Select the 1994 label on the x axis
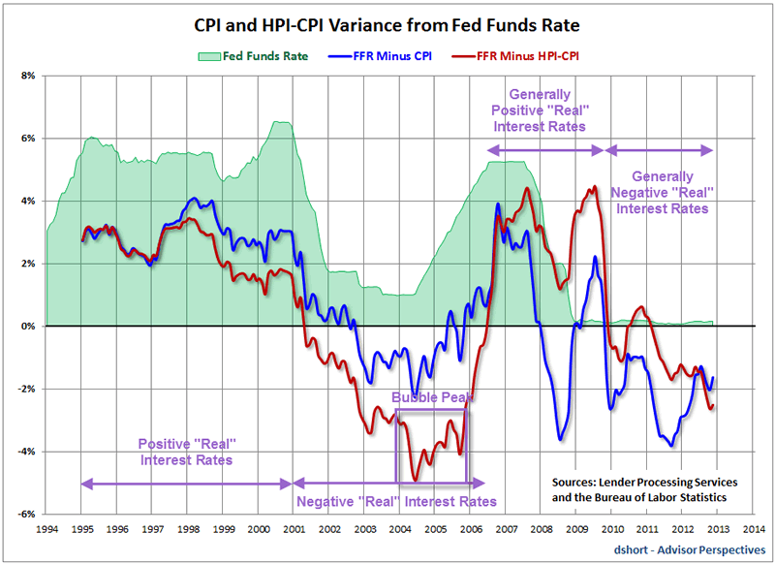(47, 530)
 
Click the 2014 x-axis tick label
(753, 530)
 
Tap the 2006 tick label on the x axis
(470, 530)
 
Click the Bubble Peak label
(430, 397)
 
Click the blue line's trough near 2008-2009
(560, 440)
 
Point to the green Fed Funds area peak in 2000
(281, 122)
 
